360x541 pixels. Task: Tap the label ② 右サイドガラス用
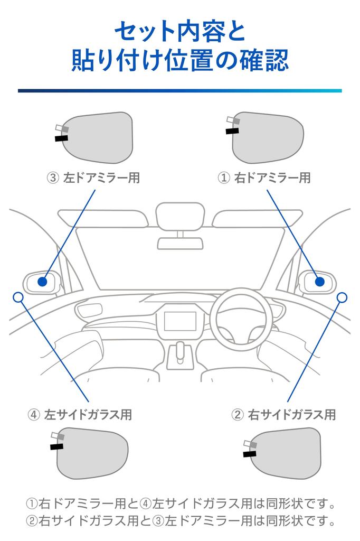click(284, 414)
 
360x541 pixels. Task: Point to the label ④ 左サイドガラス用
click(80, 414)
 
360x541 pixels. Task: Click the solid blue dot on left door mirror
click(43, 281)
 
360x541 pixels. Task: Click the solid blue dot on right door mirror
click(319, 281)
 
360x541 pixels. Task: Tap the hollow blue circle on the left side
click(18, 297)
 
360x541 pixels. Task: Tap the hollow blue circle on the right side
click(342, 297)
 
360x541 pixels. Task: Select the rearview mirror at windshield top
click(179, 217)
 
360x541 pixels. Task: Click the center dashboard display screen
click(180, 322)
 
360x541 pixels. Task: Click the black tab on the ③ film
click(61, 138)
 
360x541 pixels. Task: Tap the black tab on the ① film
click(232, 130)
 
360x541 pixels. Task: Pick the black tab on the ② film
click(249, 453)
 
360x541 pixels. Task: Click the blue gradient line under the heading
click(179, 91)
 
